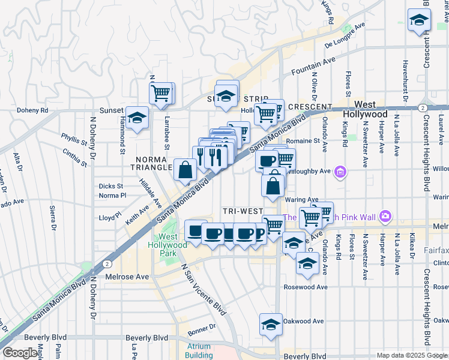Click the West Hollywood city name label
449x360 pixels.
tap(364, 109)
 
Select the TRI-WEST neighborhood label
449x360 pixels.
tap(243, 211)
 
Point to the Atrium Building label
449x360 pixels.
tap(199, 350)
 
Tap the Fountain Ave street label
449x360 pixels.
tap(313, 66)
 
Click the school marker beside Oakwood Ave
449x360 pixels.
tap(271, 323)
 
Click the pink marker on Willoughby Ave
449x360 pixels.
tap(340, 172)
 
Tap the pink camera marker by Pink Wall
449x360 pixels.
tap(385, 215)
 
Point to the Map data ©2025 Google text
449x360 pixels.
tap(411, 355)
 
